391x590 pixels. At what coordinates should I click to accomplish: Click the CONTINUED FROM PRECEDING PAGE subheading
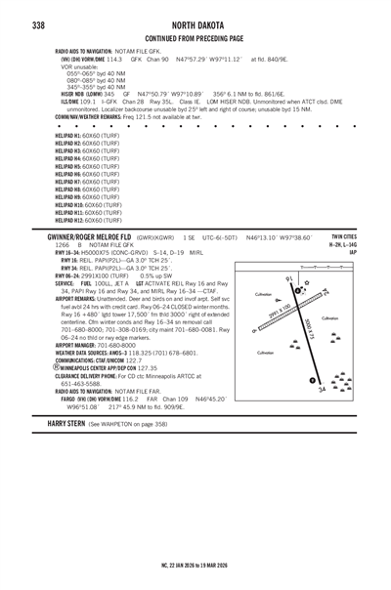tap(195, 38)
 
